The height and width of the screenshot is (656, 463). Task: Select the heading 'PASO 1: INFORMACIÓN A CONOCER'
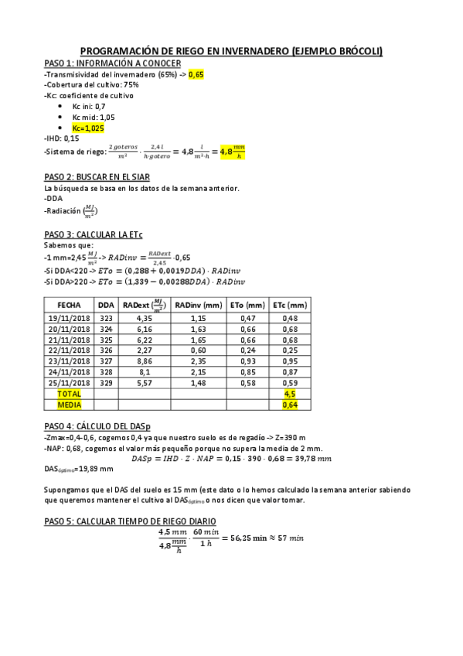tap(113, 63)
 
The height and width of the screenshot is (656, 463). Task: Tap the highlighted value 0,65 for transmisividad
tap(196, 74)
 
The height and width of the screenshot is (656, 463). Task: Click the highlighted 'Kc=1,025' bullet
tap(87, 128)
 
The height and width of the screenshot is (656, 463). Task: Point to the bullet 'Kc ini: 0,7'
tap(89, 106)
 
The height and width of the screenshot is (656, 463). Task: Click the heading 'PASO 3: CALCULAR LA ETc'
tap(94, 234)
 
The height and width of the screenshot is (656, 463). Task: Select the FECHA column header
tap(70, 305)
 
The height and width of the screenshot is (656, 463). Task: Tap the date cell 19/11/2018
tap(70, 318)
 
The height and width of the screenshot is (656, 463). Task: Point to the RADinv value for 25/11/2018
tap(198, 383)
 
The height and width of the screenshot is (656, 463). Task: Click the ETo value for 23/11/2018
tap(247, 361)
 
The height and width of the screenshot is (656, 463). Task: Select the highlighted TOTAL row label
tap(70, 394)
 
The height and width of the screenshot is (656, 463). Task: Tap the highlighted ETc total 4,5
tap(290, 394)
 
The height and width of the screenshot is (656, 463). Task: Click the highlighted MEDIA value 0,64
tap(290, 405)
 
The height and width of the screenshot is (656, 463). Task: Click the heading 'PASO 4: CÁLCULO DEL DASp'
tap(97, 426)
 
